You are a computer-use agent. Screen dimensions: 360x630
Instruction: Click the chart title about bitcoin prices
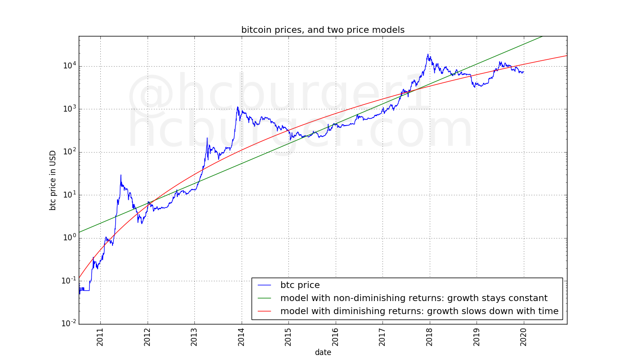pos(323,30)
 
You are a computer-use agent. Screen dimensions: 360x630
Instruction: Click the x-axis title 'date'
pos(323,352)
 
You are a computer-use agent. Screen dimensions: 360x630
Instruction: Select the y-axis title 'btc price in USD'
pos(53,180)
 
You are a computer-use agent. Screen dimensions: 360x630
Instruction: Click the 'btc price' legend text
pos(300,285)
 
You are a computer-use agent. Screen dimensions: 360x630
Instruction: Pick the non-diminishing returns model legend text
pos(414,298)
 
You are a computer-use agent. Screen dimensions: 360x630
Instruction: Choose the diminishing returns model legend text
pos(419,311)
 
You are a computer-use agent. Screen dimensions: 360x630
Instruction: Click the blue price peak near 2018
pos(428,54)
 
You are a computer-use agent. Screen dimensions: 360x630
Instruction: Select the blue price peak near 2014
pos(238,107)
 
